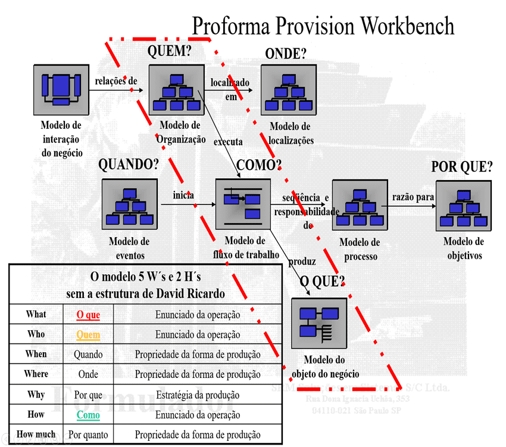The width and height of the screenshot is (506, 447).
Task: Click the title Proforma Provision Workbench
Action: [323, 26]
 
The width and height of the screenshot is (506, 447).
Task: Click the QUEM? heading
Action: [170, 52]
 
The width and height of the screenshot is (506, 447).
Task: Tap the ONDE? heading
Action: [286, 54]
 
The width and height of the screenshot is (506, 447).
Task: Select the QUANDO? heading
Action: [129, 164]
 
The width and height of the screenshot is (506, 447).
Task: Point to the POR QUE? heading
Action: [462, 167]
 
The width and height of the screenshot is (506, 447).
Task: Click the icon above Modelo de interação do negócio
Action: [61, 90]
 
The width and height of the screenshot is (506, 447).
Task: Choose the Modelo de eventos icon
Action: [130, 206]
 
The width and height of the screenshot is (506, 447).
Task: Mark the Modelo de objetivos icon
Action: [463, 206]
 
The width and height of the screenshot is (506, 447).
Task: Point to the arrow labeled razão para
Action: [409, 206]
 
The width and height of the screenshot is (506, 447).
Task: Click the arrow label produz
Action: [302, 262]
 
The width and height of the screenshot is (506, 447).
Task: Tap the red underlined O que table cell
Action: [88, 315]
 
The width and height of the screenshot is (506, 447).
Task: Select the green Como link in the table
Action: [88, 415]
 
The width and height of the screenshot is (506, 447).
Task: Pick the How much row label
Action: [36, 434]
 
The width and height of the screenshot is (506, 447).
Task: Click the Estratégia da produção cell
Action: [198, 395]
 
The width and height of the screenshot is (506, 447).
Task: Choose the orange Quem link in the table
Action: [88, 335]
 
